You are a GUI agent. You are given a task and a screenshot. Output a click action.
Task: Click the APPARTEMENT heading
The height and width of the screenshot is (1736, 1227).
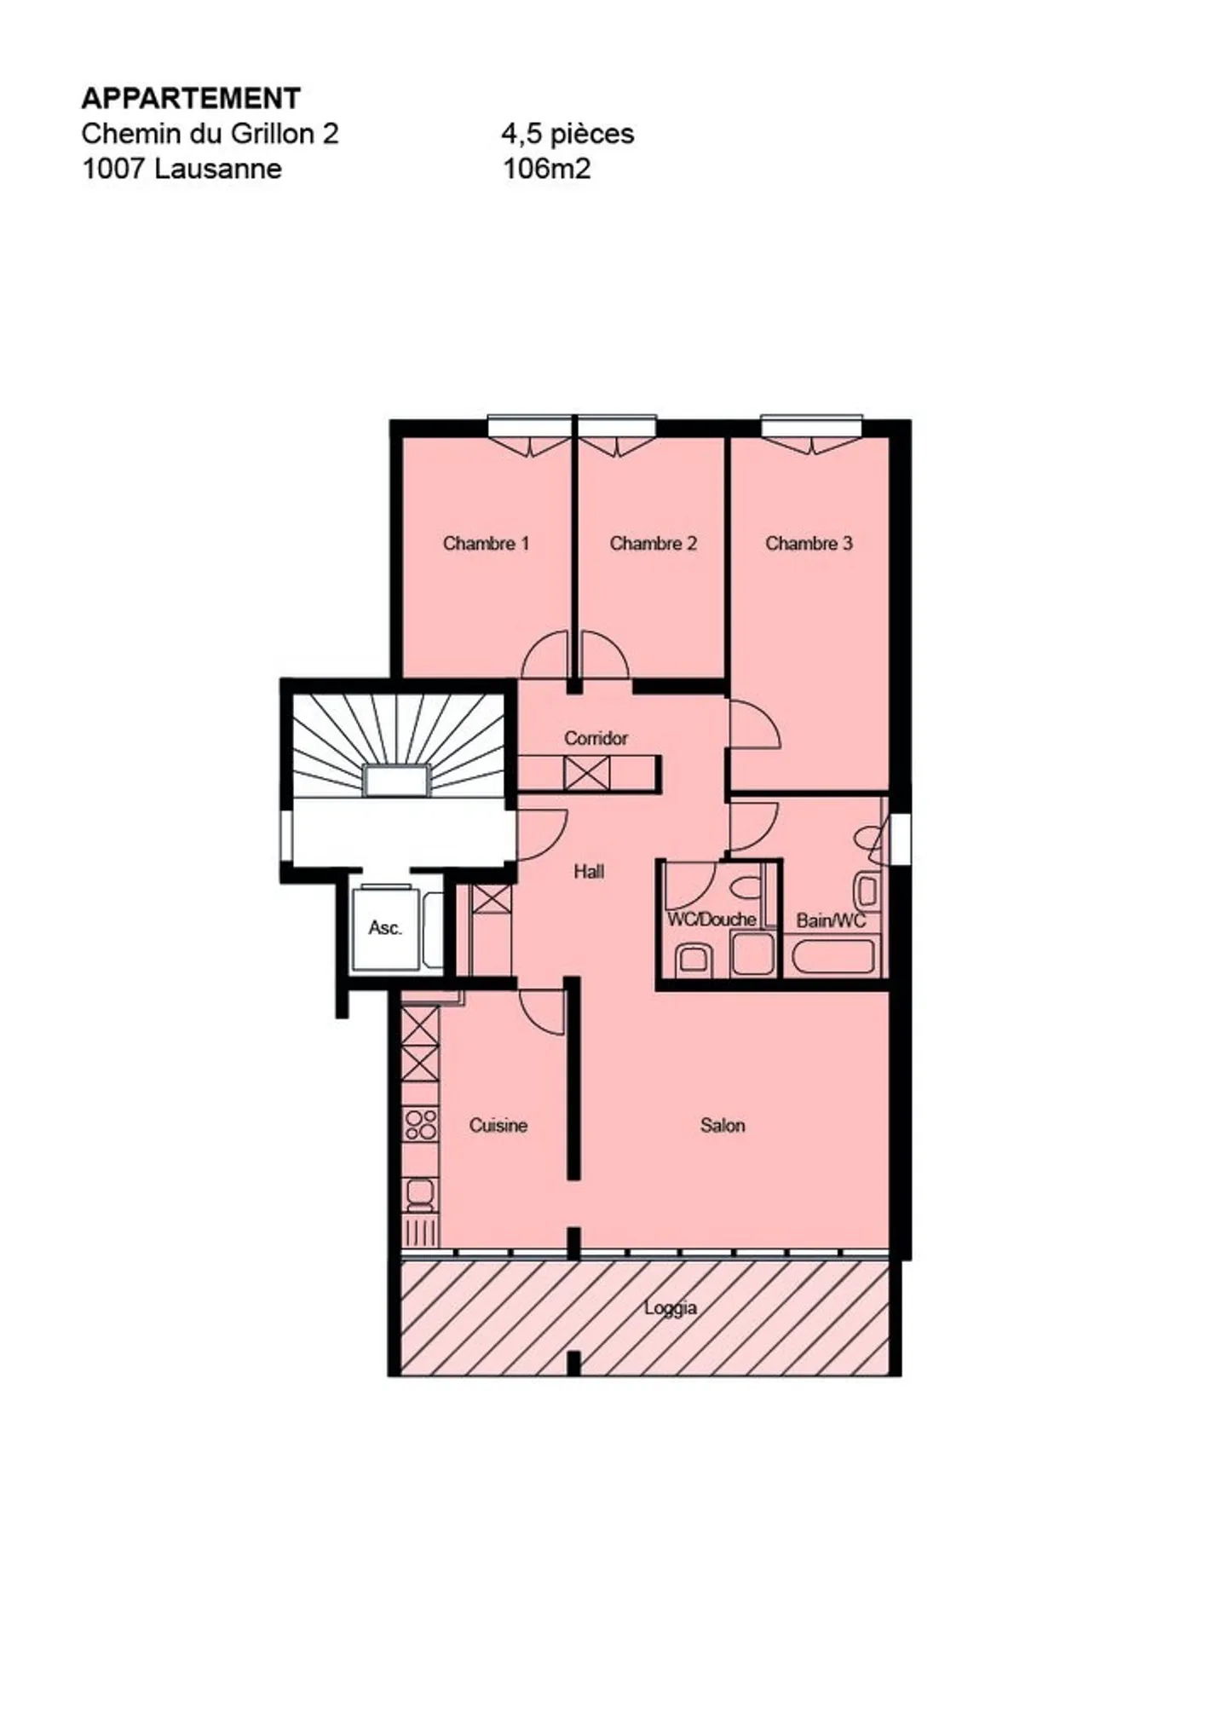191,98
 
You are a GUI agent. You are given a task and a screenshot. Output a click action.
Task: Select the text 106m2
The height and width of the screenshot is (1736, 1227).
546,169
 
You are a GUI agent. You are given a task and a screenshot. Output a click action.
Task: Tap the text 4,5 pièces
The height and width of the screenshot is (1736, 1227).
567,134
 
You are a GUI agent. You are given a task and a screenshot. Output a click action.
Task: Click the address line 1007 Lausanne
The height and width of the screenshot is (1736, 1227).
181,169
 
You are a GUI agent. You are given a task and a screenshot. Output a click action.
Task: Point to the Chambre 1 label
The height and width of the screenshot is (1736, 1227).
486,543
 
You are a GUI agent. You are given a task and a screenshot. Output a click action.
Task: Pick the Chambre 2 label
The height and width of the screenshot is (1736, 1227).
653,543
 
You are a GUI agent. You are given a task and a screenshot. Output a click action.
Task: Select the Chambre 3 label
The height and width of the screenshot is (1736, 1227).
809,543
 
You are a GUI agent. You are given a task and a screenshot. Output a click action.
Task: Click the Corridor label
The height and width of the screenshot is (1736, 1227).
596,738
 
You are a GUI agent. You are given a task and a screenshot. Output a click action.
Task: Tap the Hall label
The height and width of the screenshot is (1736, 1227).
589,871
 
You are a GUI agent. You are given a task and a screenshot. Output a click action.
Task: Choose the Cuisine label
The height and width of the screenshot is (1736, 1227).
498,1125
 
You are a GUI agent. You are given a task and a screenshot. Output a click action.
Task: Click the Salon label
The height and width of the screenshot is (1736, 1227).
723,1125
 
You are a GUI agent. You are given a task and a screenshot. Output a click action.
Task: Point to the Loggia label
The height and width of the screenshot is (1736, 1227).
671,1307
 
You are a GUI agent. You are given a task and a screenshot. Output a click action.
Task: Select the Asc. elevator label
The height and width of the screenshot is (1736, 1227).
385,927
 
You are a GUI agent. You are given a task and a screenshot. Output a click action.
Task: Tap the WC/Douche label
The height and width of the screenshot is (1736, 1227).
711,919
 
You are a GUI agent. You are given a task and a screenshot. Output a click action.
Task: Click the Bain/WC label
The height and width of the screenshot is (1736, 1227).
831,920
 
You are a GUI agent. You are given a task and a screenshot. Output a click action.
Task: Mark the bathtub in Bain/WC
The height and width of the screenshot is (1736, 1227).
833,956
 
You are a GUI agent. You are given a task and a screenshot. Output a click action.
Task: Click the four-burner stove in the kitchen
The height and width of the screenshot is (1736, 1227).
421,1124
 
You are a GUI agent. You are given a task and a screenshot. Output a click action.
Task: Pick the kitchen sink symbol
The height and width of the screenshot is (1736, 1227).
421,1195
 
